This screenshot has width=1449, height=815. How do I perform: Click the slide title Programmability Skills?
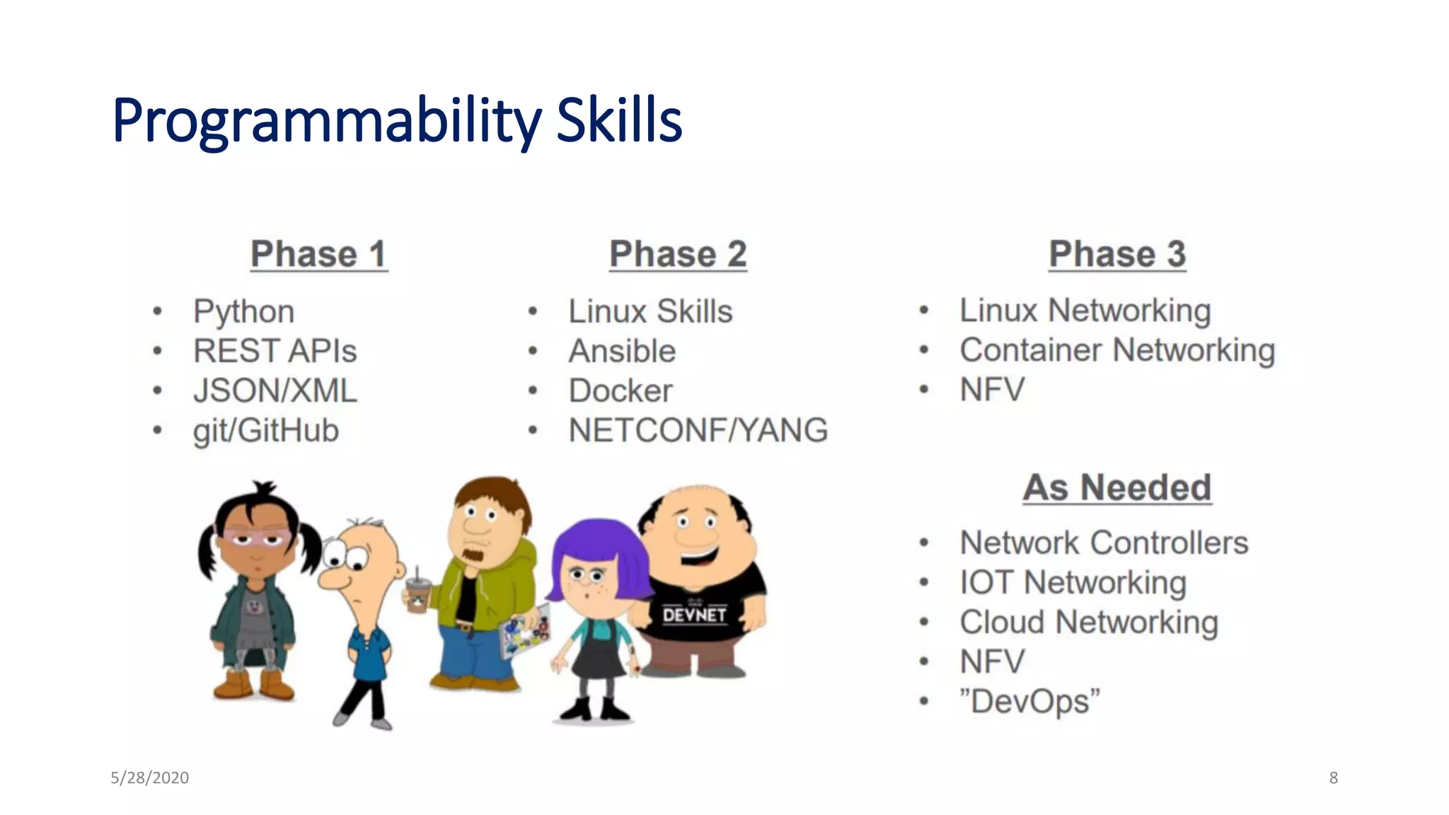coord(397,120)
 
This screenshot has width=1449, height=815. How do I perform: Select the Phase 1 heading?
coord(319,254)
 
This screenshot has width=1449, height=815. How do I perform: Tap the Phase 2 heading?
coord(678,254)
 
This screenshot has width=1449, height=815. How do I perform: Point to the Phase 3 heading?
coord(1117,254)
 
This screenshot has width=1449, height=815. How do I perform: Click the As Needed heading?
coord(1117,487)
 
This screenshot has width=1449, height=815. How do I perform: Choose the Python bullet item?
coord(244,311)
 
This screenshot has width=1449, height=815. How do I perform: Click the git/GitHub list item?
coord(266,430)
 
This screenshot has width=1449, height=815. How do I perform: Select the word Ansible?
coord(622,351)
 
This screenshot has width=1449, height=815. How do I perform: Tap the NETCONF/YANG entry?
coord(698,430)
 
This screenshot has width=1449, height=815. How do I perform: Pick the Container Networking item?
coord(1117,350)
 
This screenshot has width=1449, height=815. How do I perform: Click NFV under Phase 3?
coord(992,390)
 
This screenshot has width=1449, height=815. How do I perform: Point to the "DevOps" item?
coord(1029,701)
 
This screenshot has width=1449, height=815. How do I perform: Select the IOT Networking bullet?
coord(1073,582)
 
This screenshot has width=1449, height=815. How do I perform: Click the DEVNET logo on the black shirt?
coord(694,614)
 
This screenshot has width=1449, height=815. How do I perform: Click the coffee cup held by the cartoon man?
coord(418,594)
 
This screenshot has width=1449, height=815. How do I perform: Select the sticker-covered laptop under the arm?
coord(524,630)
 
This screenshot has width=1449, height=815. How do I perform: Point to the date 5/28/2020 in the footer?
coord(149,778)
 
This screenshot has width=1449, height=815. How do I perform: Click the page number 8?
coord(1333,778)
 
